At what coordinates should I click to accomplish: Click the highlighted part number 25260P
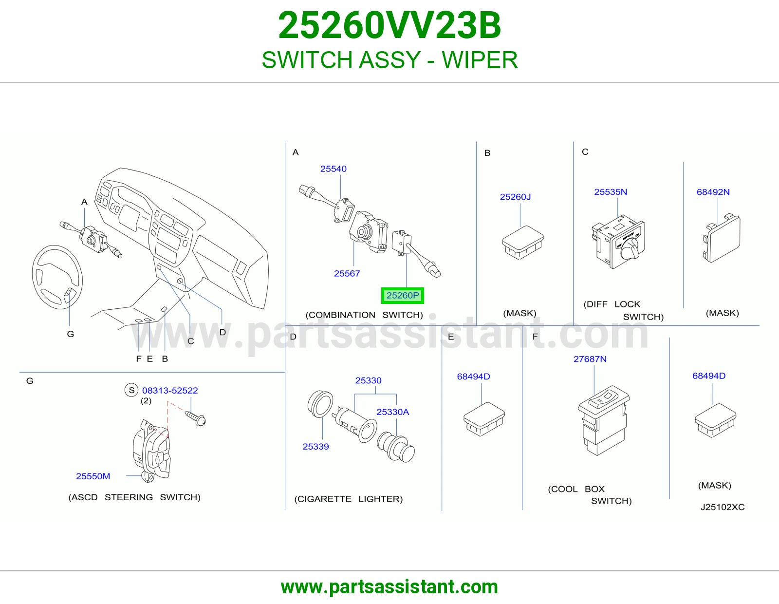402,295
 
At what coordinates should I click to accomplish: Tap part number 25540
333,169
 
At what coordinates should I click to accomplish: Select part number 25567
347,273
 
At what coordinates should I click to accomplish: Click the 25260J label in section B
515,197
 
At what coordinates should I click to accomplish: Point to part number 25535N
611,192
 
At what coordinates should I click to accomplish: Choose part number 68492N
713,192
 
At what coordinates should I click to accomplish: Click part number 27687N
590,359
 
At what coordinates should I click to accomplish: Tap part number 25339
315,447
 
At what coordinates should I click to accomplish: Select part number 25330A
392,412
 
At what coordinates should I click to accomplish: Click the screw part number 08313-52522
170,390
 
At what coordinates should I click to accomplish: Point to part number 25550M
93,476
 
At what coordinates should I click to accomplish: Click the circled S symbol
131,390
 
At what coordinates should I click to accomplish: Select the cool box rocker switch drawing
604,420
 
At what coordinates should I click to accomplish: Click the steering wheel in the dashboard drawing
57,277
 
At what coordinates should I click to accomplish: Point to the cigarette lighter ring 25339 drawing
320,405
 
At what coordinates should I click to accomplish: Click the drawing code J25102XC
723,507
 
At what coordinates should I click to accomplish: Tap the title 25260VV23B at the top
389,25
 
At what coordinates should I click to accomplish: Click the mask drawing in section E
484,419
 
